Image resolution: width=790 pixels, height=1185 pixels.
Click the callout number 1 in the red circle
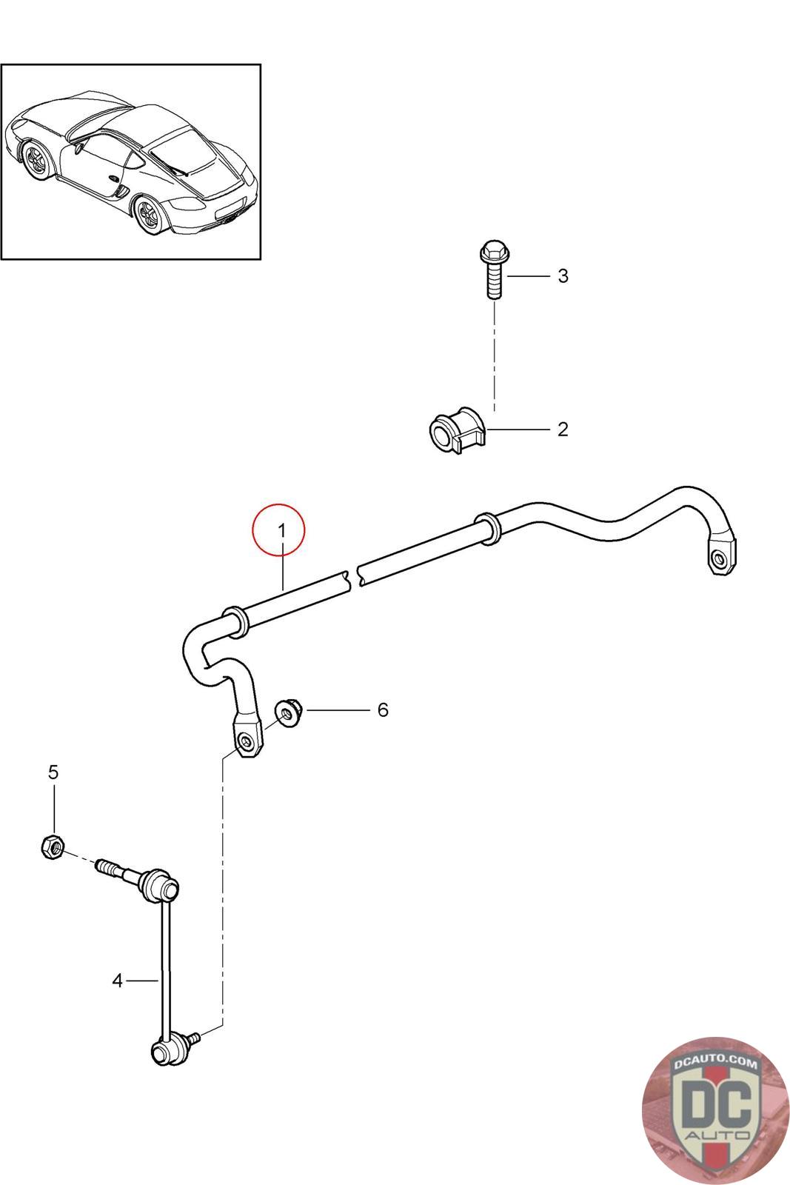281,530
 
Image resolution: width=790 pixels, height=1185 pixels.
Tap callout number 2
563,429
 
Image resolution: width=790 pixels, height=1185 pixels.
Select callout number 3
563,276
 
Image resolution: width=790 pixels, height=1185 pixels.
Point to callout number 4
117,981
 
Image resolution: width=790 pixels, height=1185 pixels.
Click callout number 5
53,772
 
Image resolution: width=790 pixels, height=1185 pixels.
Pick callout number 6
383,710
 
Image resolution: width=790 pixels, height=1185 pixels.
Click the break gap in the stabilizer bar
352,575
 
